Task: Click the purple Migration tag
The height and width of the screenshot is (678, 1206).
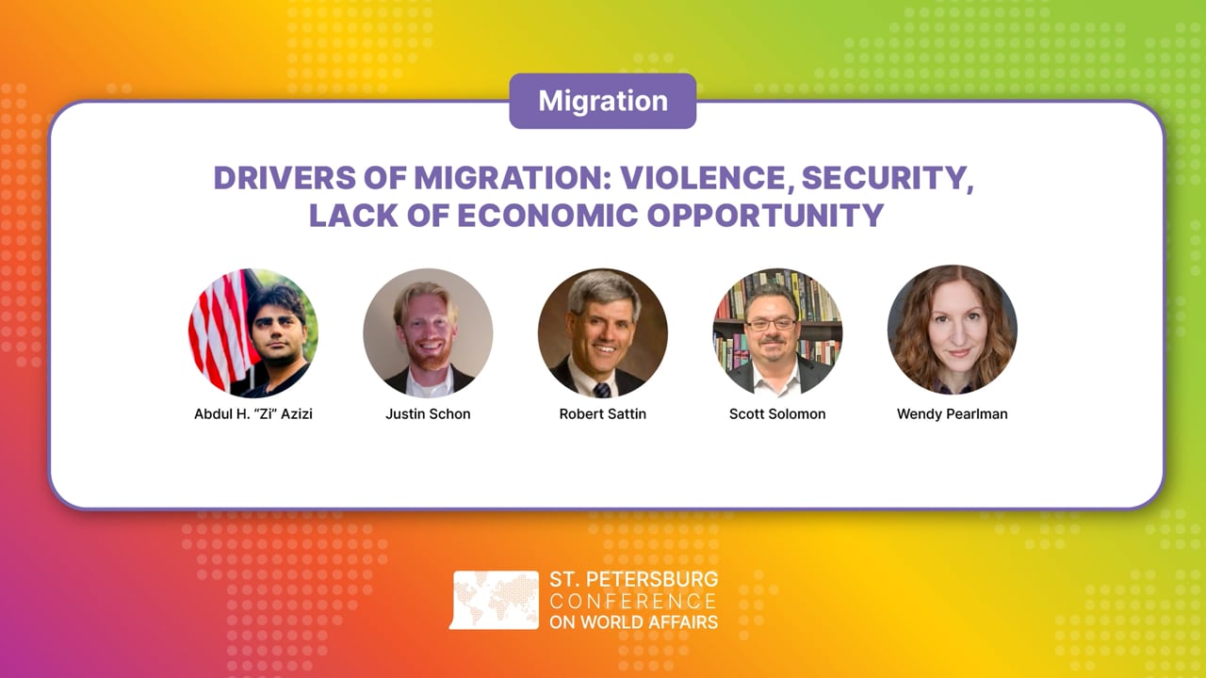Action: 603,101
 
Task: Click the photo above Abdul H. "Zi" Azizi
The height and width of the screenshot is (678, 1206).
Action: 253,332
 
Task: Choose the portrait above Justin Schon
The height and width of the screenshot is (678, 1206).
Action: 428,332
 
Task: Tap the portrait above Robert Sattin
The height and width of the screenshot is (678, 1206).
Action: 603,332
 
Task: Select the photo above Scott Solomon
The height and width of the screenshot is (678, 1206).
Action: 777,332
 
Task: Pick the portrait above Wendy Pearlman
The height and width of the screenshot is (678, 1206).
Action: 952,332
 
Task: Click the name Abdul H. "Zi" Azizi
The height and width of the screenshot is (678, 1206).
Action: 253,414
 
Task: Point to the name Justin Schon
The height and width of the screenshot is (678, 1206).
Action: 428,414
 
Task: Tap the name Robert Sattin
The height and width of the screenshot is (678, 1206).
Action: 603,414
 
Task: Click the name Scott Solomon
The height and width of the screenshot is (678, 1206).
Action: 777,414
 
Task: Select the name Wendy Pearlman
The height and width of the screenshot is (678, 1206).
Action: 952,414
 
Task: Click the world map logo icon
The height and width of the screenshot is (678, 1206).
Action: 495,600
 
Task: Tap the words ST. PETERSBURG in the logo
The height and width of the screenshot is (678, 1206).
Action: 633,579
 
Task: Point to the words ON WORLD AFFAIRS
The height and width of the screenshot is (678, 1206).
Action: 633,621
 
